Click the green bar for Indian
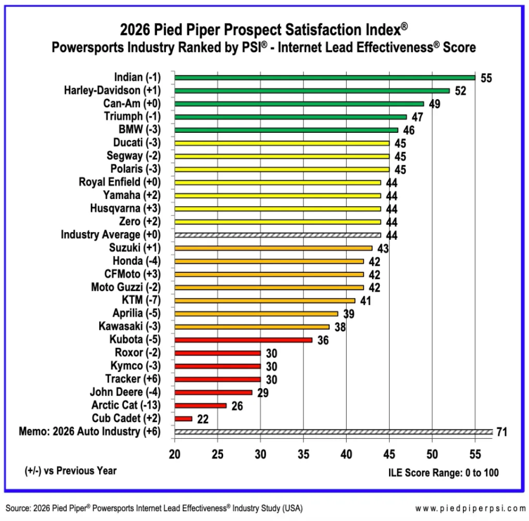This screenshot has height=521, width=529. coord(325,77)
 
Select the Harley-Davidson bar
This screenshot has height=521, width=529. coord(312,90)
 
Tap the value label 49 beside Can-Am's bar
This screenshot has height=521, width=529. coord(434,104)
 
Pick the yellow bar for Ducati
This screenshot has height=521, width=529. coord(282,143)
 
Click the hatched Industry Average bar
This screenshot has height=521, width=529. coord(277,235)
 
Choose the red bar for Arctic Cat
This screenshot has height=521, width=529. coord(200,406)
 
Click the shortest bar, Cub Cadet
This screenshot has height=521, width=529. coord(183,419)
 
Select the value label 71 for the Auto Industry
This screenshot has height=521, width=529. coord(501,432)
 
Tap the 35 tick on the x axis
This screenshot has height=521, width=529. coord(303,454)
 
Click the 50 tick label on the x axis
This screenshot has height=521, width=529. coord(432,454)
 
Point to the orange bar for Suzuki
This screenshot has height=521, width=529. coord(273,248)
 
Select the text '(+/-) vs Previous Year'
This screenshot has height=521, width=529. coord(71,470)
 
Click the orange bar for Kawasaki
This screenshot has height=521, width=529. coord(252,326)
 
